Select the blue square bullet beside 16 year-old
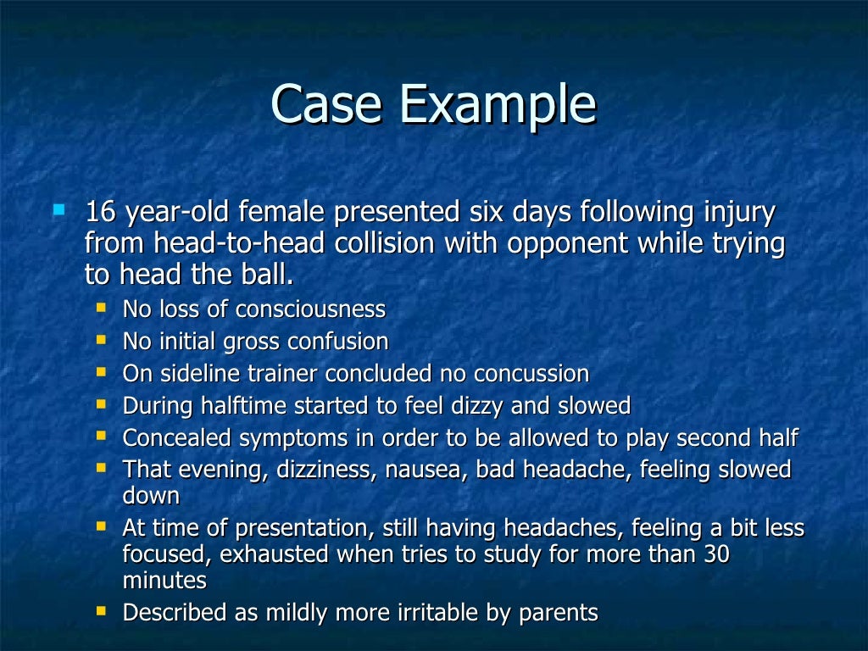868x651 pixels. coord(58,208)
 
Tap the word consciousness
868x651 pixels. coord(310,309)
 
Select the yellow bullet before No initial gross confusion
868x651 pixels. coord(102,339)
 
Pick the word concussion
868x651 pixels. coord(531,374)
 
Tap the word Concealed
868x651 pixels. coord(176,438)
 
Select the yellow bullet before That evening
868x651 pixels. coord(102,467)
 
